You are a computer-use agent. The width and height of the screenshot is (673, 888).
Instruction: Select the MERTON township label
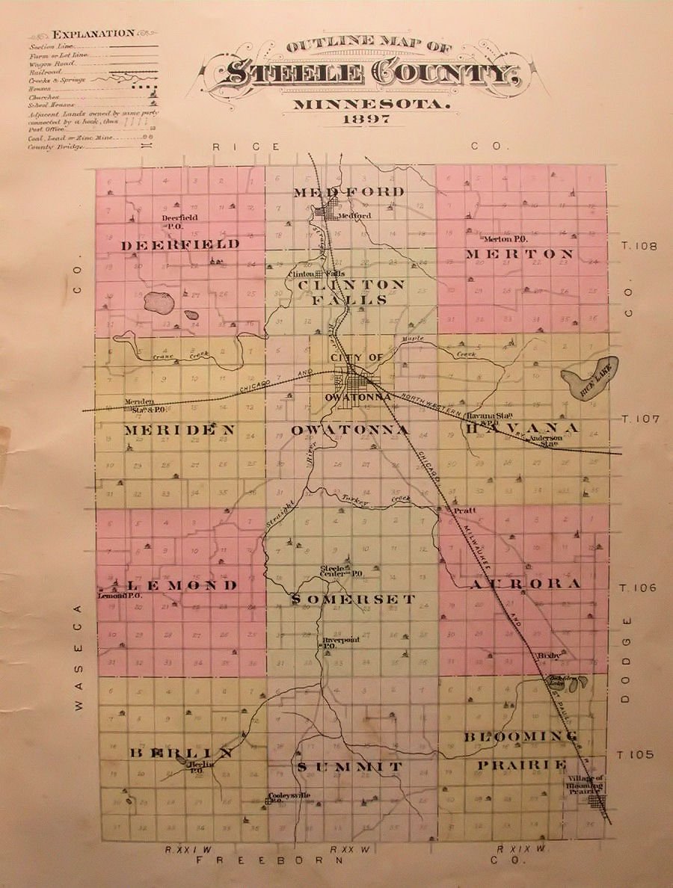[520, 254]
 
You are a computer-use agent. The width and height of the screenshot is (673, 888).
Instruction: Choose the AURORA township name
[525, 584]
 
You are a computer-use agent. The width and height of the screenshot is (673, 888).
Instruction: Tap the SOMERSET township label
[353, 599]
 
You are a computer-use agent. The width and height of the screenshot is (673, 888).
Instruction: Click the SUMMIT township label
[350, 767]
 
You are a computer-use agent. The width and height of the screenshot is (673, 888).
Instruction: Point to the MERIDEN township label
[179, 430]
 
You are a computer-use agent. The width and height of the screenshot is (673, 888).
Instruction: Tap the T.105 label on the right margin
[636, 754]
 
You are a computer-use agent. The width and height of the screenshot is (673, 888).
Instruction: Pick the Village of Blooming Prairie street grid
[597, 802]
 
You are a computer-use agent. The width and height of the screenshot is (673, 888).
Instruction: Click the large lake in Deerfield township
[159, 303]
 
